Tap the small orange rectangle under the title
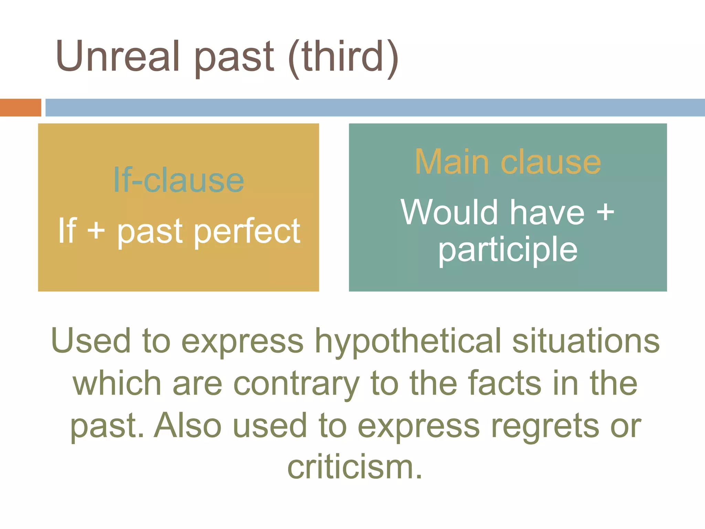point(20,107)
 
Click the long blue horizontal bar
point(375,107)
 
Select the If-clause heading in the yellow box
point(178,180)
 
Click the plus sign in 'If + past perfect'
point(96,230)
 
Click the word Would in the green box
point(450,212)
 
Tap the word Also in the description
point(188,426)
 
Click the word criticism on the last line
point(355,468)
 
